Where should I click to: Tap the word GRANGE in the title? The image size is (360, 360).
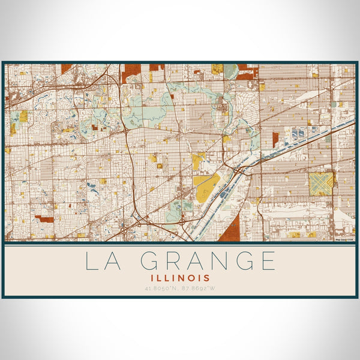[x=208, y=261]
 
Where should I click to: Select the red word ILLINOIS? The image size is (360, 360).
[x=180, y=278]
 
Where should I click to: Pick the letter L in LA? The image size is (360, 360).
[x=89, y=261]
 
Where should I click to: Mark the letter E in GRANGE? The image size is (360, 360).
[x=268, y=261]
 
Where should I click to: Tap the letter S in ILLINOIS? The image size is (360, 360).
[x=207, y=278]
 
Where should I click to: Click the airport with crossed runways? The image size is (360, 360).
[x=321, y=184]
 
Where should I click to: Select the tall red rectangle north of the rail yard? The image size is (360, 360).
[x=275, y=139]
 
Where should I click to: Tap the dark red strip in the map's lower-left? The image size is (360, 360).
[x=44, y=219]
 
